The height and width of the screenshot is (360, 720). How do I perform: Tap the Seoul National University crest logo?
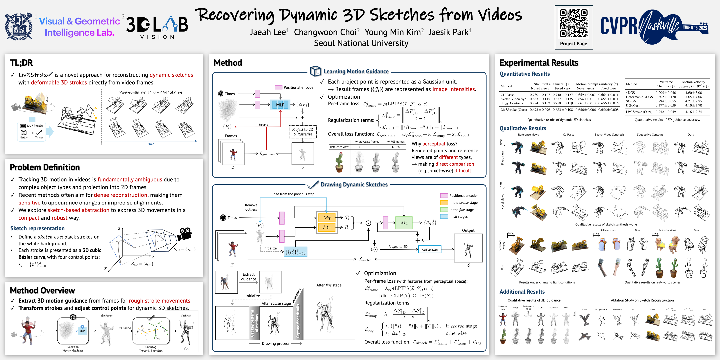click(19, 27)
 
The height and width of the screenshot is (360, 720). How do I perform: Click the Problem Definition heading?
click(45, 167)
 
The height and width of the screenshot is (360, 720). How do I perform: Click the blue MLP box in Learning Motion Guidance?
click(280, 105)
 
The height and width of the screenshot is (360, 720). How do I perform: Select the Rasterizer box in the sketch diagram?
click(430, 249)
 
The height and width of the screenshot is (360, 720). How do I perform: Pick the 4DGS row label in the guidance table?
click(630, 93)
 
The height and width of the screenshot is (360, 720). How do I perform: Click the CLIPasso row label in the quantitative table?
click(507, 95)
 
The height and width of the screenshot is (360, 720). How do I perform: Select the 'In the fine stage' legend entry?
click(461, 210)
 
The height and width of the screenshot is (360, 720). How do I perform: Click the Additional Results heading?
click(522, 292)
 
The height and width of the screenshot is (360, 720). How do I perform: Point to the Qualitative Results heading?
click(523, 128)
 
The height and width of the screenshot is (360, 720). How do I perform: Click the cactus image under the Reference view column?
click(339, 162)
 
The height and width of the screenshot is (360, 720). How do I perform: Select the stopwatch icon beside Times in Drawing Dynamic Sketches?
click(223, 217)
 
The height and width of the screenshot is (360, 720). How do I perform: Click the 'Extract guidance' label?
click(248, 277)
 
